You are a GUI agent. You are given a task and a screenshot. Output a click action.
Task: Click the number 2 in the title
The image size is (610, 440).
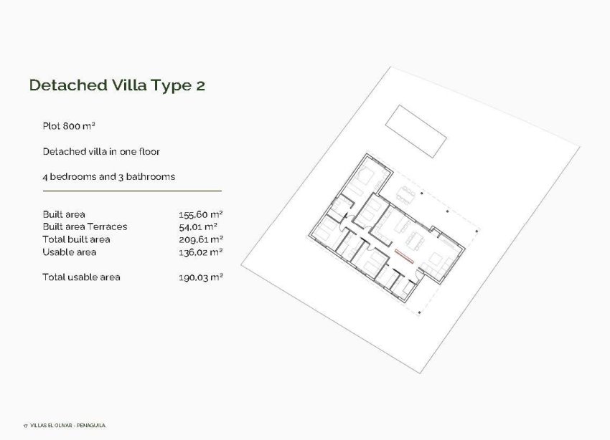click(200, 85)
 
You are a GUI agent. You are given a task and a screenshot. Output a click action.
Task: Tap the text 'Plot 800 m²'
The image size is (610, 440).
click(69, 126)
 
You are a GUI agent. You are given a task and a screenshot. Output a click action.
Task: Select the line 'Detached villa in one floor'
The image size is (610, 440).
click(100, 152)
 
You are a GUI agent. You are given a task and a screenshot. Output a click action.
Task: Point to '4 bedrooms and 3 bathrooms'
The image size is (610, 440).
click(108, 176)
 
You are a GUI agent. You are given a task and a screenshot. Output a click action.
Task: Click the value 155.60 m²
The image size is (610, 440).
click(200, 214)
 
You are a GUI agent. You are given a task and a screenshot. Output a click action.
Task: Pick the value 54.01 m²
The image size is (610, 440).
click(197, 226)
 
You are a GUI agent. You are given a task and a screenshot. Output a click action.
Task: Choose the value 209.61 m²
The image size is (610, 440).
click(200, 239)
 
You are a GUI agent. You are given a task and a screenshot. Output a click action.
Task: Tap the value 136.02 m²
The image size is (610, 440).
click(200, 252)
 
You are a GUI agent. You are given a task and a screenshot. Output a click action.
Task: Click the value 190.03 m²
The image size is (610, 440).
click(200, 277)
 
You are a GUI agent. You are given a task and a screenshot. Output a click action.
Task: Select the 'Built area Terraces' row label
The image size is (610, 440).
click(85, 226)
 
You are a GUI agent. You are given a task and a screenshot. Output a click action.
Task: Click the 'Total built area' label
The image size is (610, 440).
click(76, 239)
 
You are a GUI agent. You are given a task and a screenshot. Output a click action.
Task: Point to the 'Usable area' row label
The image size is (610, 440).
click(69, 252)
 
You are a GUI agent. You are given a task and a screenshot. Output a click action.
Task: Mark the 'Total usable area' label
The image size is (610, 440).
click(81, 277)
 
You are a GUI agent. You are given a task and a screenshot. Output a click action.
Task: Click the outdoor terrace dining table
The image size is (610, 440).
click(407, 194)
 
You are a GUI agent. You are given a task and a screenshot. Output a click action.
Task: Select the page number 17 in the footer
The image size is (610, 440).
click(24, 426)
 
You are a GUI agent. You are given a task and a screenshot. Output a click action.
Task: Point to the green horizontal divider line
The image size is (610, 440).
click(132, 191)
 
